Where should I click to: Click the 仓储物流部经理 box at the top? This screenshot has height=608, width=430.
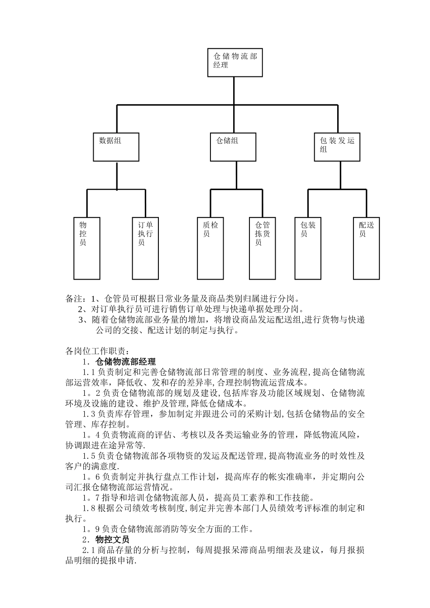pyautogui.click(x=234, y=62)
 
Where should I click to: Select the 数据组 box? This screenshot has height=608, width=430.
pyautogui.click(x=116, y=147)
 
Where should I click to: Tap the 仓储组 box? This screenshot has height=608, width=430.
pyautogui.click(x=233, y=147)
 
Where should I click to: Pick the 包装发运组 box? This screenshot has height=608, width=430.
pyautogui.click(x=337, y=147)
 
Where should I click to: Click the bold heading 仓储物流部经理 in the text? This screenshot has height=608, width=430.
pyautogui.click(x=126, y=362)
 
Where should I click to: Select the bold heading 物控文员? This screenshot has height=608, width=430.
pyautogui.click(x=112, y=540)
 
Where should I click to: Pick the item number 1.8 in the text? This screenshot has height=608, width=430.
pyautogui.click(x=88, y=508)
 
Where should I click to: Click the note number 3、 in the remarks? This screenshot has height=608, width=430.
pyautogui.click(x=82, y=320)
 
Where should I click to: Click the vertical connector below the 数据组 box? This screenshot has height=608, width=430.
pyautogui.click(x=117, y=175)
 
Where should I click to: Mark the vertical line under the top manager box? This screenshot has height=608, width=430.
pyautogui.click(x=234, y=90)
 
